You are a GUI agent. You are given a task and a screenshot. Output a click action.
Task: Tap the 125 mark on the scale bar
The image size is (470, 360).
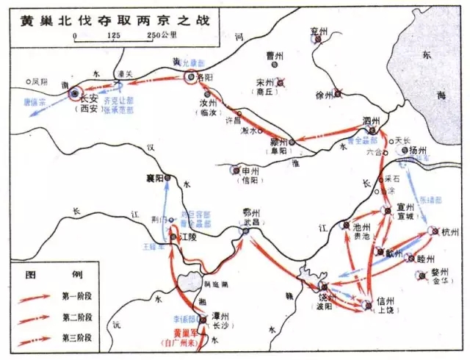pos(113,36)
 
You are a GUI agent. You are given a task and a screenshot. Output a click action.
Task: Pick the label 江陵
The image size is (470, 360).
pos(189,238)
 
